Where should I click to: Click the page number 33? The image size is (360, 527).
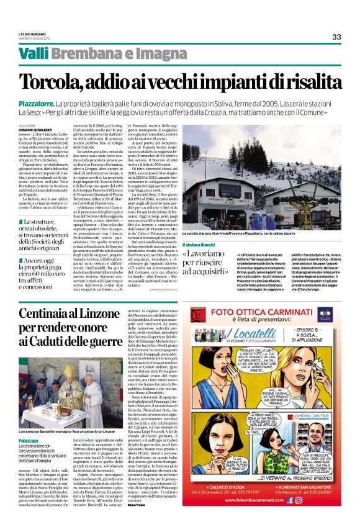[336, 37]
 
